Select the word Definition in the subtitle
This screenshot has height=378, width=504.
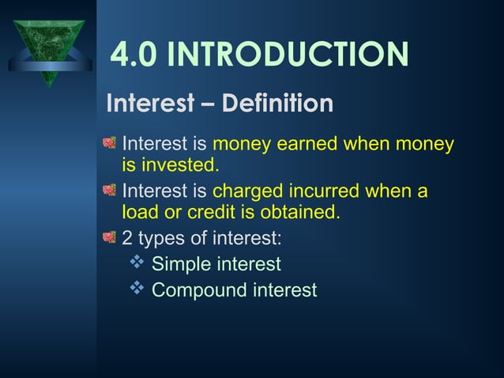[277, 104]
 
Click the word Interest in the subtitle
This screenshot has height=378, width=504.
[151, 104]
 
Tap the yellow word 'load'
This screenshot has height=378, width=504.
[140, 213]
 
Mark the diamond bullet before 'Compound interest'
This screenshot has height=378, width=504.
[135, 289]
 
